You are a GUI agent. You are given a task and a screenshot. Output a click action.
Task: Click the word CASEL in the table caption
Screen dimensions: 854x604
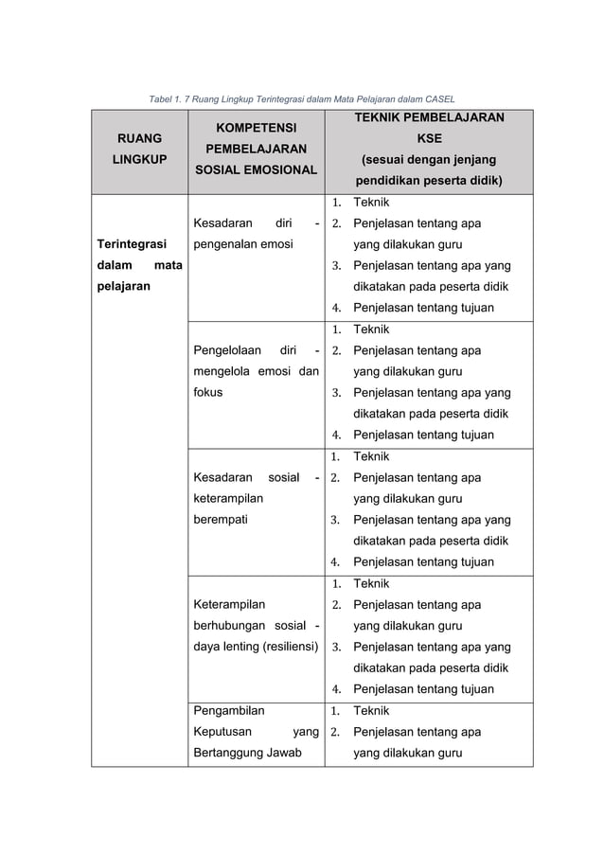point(438,98)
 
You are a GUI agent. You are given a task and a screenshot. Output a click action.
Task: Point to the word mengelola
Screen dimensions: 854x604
point(222,371)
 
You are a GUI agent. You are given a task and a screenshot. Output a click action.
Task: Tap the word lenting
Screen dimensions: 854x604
point(240,647)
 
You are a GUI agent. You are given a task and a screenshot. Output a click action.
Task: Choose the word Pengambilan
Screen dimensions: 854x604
point(229,711)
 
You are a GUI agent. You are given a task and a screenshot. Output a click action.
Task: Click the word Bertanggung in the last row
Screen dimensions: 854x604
point(229,753)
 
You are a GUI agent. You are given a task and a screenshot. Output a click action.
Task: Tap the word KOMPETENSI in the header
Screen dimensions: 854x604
point(251,128)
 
